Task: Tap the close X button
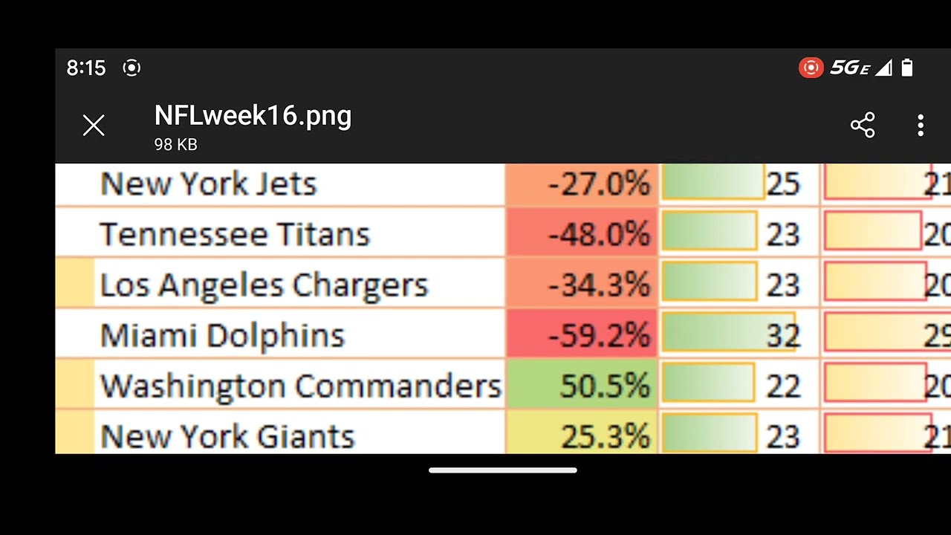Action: click(94, 126)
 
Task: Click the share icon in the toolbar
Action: click(863, 125)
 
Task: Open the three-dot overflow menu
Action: click(921, 125)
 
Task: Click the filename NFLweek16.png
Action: click(253, 116)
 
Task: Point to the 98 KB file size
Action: click(175, 145)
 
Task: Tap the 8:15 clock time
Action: click(86, 68)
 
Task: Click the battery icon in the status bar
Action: click(906, 68)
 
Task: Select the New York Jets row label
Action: click(209, 184)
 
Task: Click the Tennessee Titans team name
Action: click(235, 235)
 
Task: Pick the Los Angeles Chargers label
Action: click(264, 285)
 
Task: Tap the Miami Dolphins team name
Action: click(223, 336)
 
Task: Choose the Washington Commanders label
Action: click(301, 386)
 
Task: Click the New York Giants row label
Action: click(227, 436)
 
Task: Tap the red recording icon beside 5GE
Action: click(811, 68)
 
